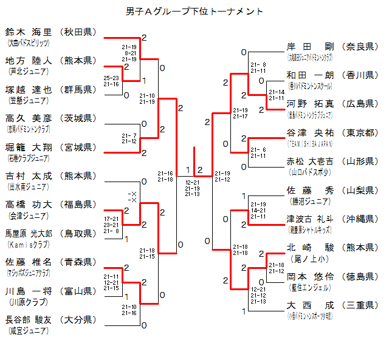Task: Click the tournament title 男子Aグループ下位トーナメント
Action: (x=194, y=11)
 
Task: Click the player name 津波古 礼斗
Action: (x=310, y=219)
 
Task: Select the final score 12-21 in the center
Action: (x=193, y=182)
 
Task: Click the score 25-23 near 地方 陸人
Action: (x=111, y=78)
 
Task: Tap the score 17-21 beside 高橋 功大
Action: (x=111, y=219)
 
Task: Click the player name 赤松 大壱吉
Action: (x=310, y=161)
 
